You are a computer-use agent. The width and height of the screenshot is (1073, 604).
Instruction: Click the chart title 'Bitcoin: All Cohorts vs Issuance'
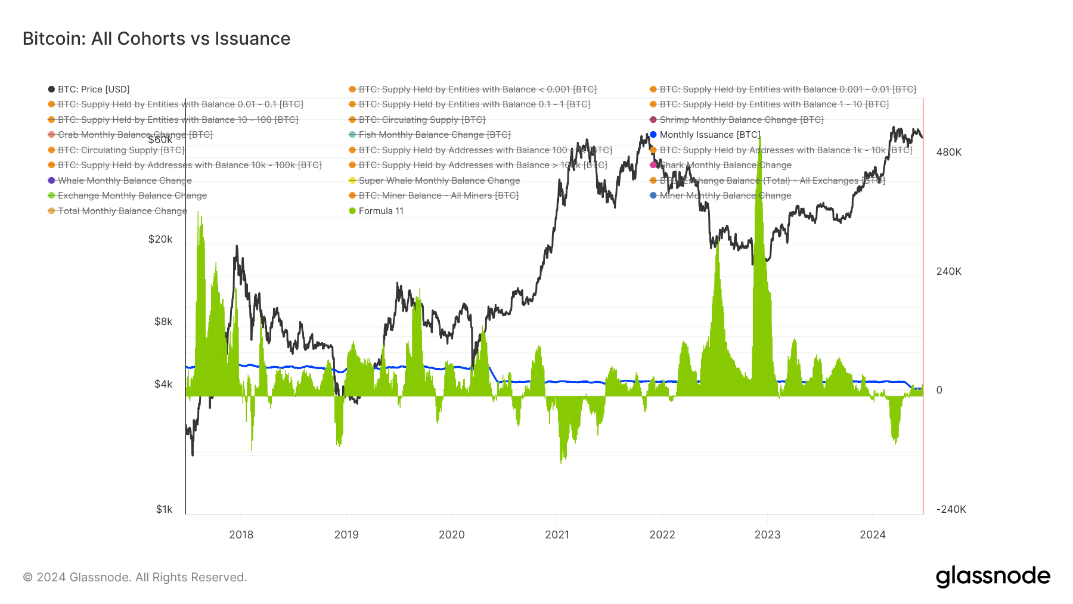click(x=156, y=39)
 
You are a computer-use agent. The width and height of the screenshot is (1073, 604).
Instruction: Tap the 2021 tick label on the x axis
click(x=557, y=534)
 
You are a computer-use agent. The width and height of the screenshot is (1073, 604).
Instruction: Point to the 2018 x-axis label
click(x=241, y=534)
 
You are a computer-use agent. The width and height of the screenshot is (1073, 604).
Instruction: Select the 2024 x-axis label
click(x=872, y=534)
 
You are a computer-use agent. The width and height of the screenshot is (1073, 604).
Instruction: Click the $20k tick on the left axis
click(x=160, y=239)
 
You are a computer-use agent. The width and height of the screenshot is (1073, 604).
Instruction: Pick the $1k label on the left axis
click(x=164, y=509)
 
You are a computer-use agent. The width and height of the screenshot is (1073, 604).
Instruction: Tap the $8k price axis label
click(x=163, y=321)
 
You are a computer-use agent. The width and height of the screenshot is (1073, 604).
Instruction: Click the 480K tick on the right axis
click(x=948, y=152)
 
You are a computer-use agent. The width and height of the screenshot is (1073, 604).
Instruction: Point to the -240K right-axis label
click(x=951, y=509)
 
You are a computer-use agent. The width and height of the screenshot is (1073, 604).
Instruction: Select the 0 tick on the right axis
click(x=939, y=390)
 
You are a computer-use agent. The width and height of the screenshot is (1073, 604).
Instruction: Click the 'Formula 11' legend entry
click(x=381, y=211)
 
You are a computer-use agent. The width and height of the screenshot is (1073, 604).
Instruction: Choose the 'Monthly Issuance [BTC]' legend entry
click(x=709, y=135)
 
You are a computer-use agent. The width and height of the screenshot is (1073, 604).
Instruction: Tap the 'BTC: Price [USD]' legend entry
click(x=94, y=89)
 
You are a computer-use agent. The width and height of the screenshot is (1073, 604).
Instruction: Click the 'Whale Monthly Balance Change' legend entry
click(x=125, y=181)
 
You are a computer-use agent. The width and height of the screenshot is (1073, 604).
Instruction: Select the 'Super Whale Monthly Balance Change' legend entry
click(x=439, y=181)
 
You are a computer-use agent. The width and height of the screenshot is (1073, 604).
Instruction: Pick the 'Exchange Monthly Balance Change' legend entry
click(x=132, y=196)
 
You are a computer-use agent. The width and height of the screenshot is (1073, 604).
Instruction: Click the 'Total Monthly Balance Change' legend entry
click(x=122, y=211)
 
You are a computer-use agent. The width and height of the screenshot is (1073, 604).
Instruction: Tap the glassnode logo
click(x=993, y=577)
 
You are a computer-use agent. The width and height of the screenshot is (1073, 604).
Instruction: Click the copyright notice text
click(x=135, y=577)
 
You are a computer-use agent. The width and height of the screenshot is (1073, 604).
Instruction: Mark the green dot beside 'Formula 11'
click(x=352, y=211)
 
